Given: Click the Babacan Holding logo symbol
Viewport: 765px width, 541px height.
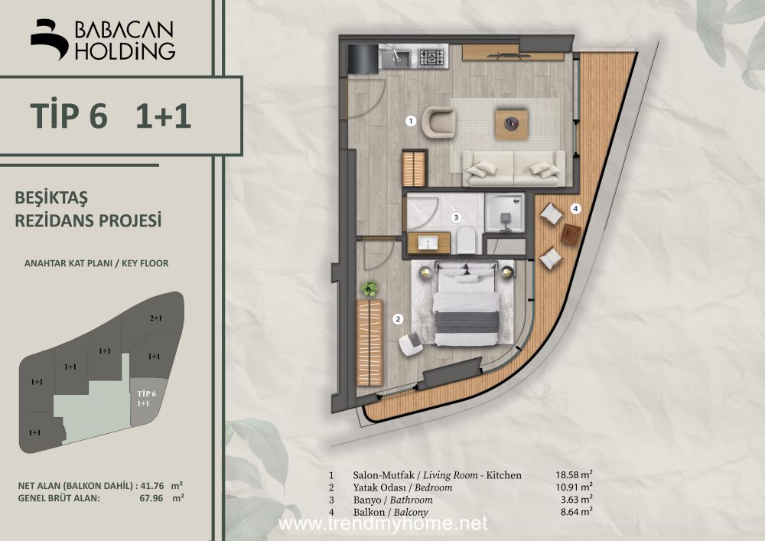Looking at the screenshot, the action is click(x=49, y=40).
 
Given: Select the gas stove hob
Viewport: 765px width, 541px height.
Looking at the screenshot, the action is click(x=431, y=58).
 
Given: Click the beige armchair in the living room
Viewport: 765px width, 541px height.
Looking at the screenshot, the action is click(x=438, y=122).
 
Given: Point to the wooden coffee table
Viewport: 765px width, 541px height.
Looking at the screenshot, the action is click(x=512, y=125).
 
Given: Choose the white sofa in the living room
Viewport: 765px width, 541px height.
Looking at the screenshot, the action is click(x=514, y=168).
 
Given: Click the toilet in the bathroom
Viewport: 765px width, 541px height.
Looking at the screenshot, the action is click(x=467, y=241).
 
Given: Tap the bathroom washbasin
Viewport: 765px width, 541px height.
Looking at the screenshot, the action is click(x=428, y=243).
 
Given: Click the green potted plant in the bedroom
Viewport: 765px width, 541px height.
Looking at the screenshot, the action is click(x=369, y=288).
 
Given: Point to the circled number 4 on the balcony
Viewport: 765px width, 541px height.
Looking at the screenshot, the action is click(x=576, y=209).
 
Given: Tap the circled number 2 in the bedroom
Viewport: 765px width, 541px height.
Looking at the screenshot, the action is click(x=399, y=320).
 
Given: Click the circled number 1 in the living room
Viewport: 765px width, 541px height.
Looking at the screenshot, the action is click(x=411, y=120).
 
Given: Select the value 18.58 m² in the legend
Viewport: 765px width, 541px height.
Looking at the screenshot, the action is click(x=574, y=474).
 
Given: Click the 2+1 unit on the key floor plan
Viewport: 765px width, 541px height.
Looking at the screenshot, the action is click(x=155, y=318).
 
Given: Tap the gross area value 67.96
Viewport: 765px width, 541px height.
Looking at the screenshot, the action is click(x=151, y=499).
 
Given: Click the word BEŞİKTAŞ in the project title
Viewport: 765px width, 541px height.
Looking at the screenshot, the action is click(x=51, y=198).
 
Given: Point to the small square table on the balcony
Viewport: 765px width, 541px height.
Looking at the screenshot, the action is click(x=571, y=235).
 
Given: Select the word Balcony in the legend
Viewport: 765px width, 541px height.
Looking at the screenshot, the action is click(x=411, y=512).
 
